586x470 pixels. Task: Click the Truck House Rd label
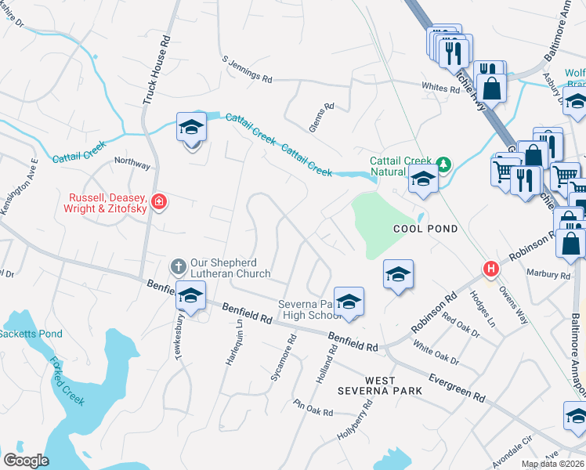pyautogui.click(x=155, y=70)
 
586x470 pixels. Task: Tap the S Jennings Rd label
pyautogui.click(x=247, y=69)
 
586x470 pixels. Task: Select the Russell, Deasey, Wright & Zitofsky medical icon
pyautogui.click(x=160, y=203)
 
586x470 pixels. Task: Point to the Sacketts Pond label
pyautogui.click(x=31, y=334)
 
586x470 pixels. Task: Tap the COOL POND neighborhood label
pyautogui.click(x=419, y=228)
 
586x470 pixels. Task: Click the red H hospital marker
pyautogui.click(x=491, y=269)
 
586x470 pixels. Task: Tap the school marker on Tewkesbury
pyautogui.click(x=190, y=297)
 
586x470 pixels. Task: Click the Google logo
pyautogui.click(x=26, y=460)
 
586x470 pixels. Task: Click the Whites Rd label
pyautogui.click(x=439, y=89)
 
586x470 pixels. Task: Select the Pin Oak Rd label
pyautogui.click(x=313, y=407)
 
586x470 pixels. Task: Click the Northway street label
pyautogui.click(x=132, y=164)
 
